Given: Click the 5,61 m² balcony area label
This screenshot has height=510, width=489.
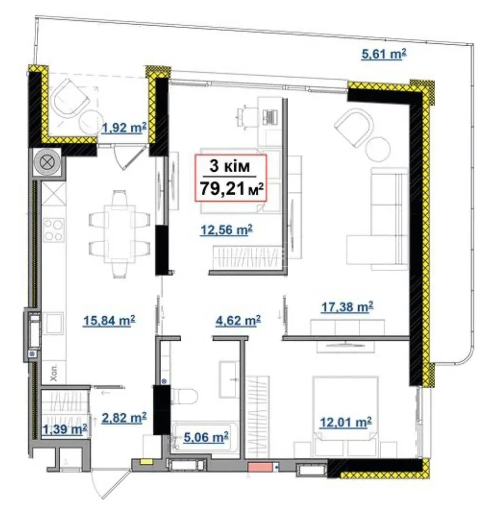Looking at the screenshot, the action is click(x=384, y=54).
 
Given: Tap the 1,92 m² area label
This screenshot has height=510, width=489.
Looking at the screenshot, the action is click(x=124, y=127).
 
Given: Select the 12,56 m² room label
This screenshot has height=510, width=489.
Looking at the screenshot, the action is click(x=227, y=230).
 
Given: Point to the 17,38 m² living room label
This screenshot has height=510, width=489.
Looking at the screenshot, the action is click(x=347, y=307).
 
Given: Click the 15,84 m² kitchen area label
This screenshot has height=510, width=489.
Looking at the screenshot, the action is click(x=109, y=321).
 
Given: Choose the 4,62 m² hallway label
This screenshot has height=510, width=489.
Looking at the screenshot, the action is click(x=238, y=321).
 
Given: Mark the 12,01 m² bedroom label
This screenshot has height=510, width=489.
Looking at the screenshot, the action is click(x=346, y=422).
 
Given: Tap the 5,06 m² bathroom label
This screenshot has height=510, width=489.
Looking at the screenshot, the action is click(x=206, y=437).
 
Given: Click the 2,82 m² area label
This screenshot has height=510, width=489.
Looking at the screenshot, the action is click(x=124, y=417).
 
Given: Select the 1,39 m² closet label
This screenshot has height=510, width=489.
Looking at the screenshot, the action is click(x=65, y=429).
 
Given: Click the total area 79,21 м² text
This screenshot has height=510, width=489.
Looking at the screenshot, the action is click(x=231, y=188).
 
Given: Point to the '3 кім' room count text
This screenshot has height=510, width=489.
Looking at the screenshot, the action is click(x=229, y=166).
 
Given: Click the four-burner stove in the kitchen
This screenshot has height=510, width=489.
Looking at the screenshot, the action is click(x=54, y=229).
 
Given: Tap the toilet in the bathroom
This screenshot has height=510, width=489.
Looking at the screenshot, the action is click(x=184, y=396).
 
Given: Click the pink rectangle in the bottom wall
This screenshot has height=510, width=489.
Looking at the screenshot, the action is click(x=260, y=467).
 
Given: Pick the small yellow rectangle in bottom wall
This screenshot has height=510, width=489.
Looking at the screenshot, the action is click(x=144, y=461).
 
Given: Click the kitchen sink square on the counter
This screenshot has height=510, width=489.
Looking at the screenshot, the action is click(x=53, y=323).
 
